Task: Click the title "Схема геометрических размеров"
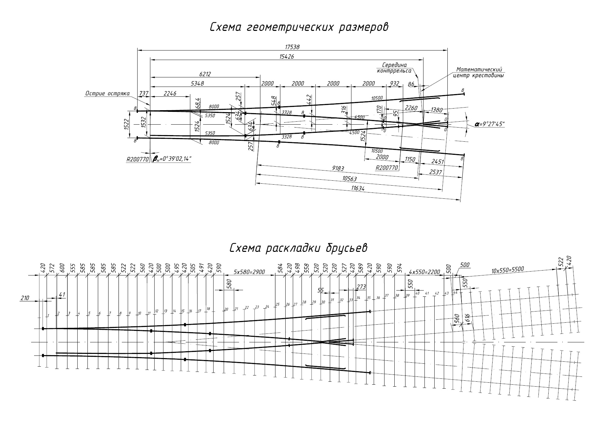click(x=299, y=27)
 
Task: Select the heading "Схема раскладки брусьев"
click(x=298, y=248)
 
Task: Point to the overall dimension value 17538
click(x=292, y=47)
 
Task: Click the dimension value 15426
click(x=287, y=56)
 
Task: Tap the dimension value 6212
click(x=205, y=74)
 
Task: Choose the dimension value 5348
click(x=197, y=84)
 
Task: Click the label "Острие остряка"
click(x=107, y=93)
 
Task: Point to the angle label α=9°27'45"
click(x=489, y=124)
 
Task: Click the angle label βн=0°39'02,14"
click(x=172, y=159)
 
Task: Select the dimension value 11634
click(x=358, y=189)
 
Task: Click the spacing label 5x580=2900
click(x=249, y=272)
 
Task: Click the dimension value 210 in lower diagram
click(x=25, y=298)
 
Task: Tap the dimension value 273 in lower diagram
click(x=361, y=287)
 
